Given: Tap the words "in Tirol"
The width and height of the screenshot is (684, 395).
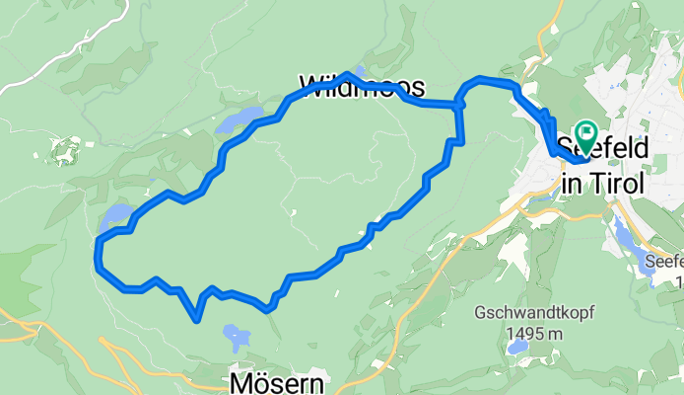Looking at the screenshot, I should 601,183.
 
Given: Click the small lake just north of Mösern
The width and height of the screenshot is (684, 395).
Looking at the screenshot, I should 237,337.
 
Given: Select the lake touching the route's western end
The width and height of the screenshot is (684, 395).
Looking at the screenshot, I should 115,216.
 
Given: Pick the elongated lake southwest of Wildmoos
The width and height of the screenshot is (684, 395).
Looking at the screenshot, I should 239,120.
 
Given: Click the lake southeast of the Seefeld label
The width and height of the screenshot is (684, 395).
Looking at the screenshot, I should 627,237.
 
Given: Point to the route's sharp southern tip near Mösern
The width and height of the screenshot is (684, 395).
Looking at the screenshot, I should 198,319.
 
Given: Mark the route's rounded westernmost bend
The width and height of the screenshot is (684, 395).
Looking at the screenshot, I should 98,256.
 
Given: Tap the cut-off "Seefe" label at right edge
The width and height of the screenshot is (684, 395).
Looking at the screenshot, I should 664,263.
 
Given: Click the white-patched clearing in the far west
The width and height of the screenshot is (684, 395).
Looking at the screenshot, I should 65,151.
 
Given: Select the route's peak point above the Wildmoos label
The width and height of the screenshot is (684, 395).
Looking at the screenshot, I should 348,74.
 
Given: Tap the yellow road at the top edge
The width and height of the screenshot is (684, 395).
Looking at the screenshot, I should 545,20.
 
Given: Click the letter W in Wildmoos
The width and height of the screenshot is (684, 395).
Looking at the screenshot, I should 308,85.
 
